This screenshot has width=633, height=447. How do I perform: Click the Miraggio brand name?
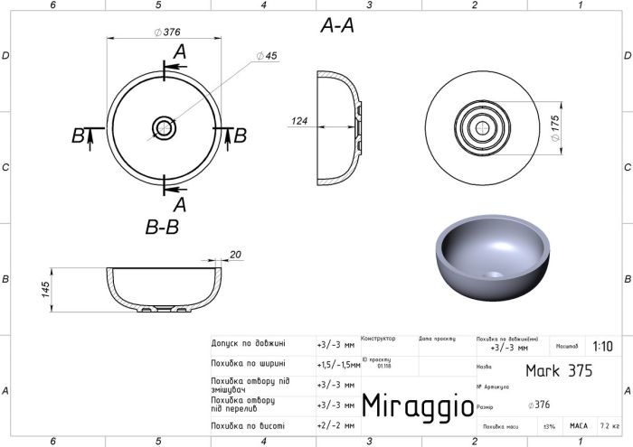(416, 405)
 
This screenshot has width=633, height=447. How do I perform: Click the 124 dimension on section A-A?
(300, 120)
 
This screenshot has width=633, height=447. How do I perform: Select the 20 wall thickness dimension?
(236, 256)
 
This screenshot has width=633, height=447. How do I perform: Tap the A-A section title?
(337, 27)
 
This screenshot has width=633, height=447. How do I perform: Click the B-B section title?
(163, 228)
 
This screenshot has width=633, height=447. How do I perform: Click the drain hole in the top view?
(164, 128)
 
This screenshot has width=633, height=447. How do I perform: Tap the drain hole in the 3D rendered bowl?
(492, 273)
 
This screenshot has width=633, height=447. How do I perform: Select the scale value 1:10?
(602, 346)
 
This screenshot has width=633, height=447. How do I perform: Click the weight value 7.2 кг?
(609, 424)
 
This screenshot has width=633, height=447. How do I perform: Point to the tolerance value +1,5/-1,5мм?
(338, 364)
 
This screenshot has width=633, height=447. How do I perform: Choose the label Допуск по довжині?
(249, 344)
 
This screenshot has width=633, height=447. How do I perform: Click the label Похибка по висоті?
(247, 424)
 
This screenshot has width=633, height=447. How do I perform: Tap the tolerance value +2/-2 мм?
(335, 424)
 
